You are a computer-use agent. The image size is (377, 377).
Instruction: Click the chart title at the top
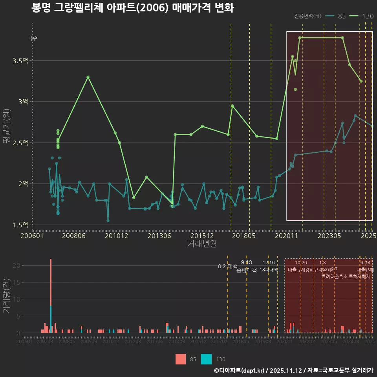click(133, 8)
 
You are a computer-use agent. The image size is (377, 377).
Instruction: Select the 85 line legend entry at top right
click(336, 16)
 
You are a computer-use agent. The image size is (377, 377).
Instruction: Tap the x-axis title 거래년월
click(202, 244)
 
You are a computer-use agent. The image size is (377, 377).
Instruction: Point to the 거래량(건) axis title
click(6, 296)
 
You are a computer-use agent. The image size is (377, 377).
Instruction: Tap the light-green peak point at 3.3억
click(88, 77)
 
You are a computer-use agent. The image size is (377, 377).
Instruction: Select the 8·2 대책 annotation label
click(228, 266)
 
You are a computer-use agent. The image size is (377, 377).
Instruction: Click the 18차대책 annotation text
click(269, 270)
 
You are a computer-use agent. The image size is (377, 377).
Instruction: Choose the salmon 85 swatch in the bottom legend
click(181, 359)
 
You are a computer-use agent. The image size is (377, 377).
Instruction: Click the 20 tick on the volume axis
click(17, 265)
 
